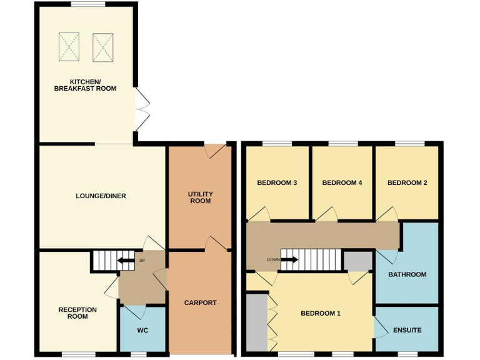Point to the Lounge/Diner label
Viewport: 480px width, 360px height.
tap(101, 196)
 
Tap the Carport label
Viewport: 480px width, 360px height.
tap(200, 302)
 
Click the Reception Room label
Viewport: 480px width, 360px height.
tap(77, 312)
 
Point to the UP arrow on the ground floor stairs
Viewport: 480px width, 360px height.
tap(127, 260)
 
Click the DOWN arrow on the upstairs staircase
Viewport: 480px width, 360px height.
tap(289, 259)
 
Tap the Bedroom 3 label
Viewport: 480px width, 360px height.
tap(277, 183)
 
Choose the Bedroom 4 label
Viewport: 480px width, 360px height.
tap(342, 183)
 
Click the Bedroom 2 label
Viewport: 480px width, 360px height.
tap(407, 183)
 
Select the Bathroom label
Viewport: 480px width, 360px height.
tap(407, 274)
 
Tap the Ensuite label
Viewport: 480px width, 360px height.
tap(407, 329)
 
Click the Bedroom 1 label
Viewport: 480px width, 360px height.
tap(321, 313)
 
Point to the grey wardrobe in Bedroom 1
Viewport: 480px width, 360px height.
tap(256, 322)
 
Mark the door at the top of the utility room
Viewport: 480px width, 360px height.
tap(215, 151)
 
